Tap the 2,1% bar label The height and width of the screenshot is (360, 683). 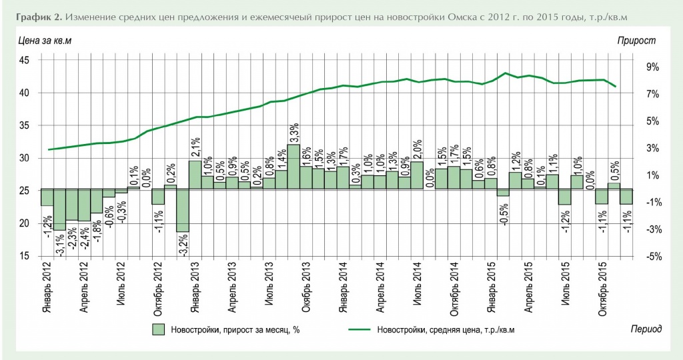(x=195, y=146)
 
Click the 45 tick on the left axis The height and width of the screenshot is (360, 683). (x=24, y=61)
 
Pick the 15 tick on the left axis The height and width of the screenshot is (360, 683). (x=24, y=257)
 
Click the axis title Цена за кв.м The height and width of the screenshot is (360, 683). (x=44, y=41)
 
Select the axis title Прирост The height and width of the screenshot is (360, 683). (x=636, y=41)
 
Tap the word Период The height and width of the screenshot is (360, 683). (x=646, y=329)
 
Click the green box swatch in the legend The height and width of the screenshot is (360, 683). (x=159, y=329)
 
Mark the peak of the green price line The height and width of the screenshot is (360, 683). (x=506, y=73)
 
